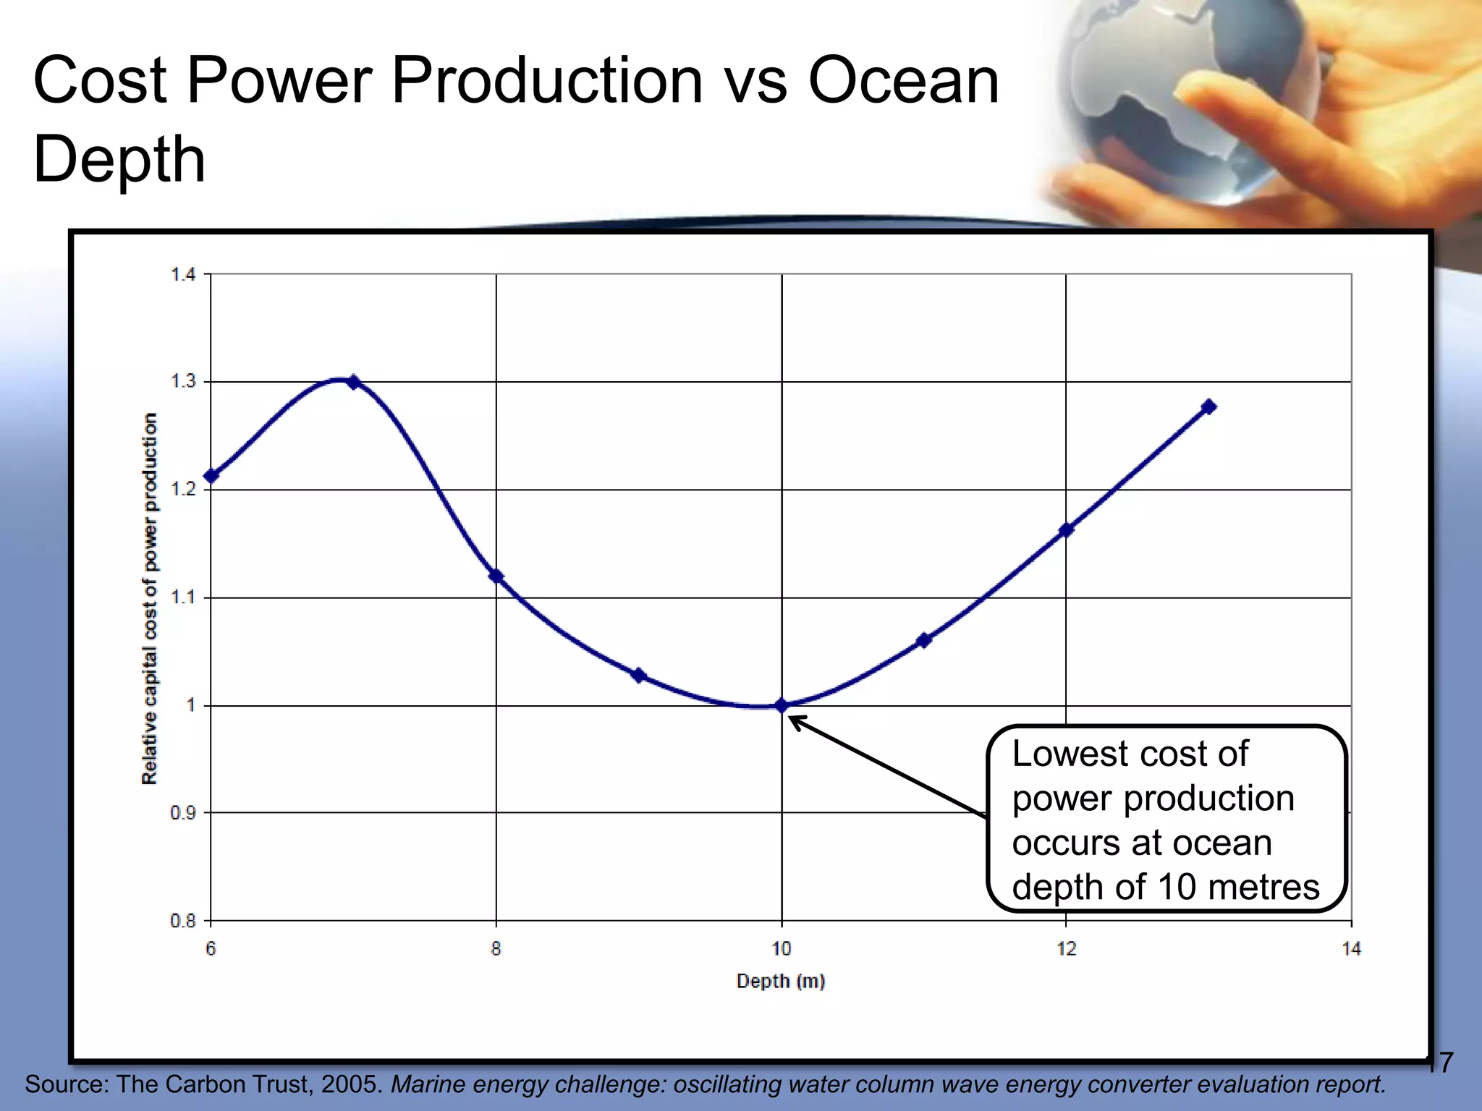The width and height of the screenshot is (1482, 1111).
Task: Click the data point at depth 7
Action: tap(353, 382)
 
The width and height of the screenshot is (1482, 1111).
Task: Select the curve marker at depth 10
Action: tap(782, 705)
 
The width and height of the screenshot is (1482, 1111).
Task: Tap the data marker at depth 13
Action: tap(1208, 406)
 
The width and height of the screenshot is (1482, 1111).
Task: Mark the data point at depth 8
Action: tap(496, 576)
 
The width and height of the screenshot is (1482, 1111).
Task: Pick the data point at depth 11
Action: tap(923, 640)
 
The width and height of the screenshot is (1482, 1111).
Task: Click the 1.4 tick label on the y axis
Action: tap(182, 274)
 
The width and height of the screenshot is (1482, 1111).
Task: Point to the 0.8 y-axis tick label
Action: tap(182, 921)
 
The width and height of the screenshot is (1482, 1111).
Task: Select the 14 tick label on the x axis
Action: tap(1351, 948)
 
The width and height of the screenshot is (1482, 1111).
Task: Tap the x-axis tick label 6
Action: tap(211, 948)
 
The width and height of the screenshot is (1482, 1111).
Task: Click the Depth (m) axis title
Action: tap(781, 981)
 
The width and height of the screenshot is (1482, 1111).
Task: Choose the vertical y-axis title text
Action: tap(149, 598)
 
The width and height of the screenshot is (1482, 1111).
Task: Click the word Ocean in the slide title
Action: tap(903, 80)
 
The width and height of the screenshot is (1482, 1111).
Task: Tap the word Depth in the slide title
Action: tap(119, 159)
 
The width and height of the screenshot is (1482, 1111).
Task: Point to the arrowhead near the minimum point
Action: tap(795, 720)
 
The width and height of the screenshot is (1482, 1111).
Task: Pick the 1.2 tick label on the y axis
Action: tap(182, 489)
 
